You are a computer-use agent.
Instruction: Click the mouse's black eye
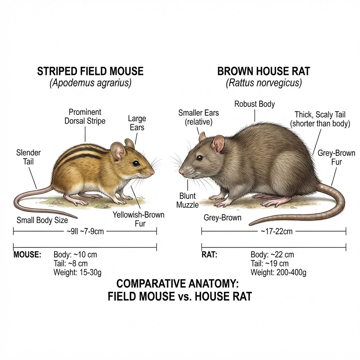coord(136,163)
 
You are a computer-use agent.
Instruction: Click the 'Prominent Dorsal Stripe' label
coord(85,116)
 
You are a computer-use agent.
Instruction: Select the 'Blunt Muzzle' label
coord(187,200)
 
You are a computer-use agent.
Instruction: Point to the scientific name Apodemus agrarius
coord(90,83)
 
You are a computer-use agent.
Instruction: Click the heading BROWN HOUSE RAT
coord(264,71)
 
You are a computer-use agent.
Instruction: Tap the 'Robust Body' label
coord(255,104)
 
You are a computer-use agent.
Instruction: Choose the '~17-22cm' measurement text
coord(277,231)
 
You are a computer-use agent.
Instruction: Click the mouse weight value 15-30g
coord(90,272)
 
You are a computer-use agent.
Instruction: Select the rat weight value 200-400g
coord(291,272)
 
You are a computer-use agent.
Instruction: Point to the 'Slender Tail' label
coord(28,157)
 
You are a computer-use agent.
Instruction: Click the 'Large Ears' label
coord(137,123)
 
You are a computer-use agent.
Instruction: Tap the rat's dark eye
coord(200,158)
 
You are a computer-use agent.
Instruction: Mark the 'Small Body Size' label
coord(42,220)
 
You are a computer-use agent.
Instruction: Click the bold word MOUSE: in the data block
coord(27,255)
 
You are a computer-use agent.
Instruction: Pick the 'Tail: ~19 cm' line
coord(270,263)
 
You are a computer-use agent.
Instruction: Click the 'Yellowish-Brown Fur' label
coord(139,219)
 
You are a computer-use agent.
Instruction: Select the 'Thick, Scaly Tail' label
coord(320,114)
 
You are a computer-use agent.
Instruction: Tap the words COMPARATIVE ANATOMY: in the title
coord(178,284)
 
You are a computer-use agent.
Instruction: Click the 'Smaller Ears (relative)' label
coord(199,117)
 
